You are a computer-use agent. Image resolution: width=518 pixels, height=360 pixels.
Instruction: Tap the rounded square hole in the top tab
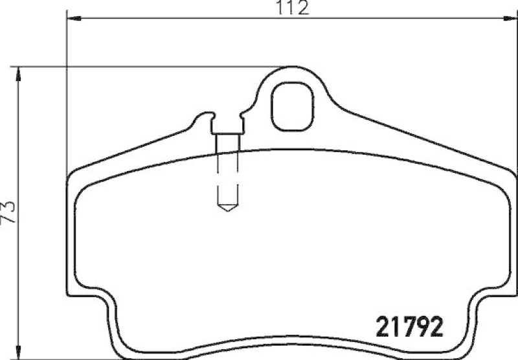(x=292, y=106)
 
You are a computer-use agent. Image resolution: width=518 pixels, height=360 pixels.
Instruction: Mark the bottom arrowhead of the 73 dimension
(x=20, y=353)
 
